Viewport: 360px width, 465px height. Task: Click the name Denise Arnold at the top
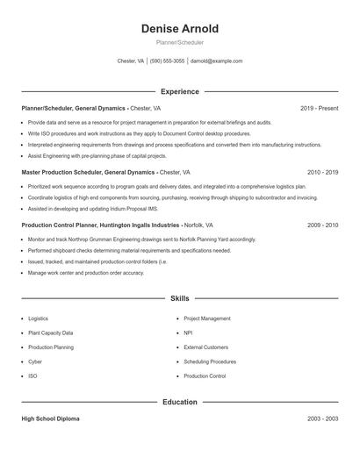pyautogui.click(x=180, y=29)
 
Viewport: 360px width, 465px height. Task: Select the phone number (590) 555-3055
pyautogui.click(x=167, y=61)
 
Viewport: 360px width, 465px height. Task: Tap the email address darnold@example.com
pyautogui.click(x=216, y=61)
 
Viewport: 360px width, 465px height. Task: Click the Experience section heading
pyautogui.click(x=180, y=91)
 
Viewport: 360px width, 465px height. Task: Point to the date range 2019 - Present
pyautogui.click(x=319, y=108)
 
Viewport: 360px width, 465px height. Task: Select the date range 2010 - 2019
pyautogui.click(x=322, y=173)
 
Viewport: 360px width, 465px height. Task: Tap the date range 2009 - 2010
pyautogui.click(x=322, y=225)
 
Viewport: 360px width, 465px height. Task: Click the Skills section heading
pyautogui.click(x=180, y=299)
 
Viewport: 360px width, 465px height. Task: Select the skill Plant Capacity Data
pyautogui.click(x=51, y=333)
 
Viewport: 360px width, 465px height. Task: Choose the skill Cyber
pyautogui.click(x=35, y=361)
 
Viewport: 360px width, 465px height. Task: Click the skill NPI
pyautogui.click(x=188, y=333)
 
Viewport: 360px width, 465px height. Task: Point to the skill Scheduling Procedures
pyautogui.click(x=210, y=361)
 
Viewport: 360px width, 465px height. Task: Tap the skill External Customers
pyautogui.click(x=205, y=347)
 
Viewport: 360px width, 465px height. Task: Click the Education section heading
pyautogui.click(x=180, y=402)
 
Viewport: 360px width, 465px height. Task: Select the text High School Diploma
pyautogui.click(x=50, y=418)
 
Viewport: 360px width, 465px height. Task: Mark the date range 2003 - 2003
pyautogui.click(x=322, y=418)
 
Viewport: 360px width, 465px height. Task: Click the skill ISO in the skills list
pyautogui.click(x=33, y=376)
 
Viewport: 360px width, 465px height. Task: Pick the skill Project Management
pyautogui.click(x=207, y=318)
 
